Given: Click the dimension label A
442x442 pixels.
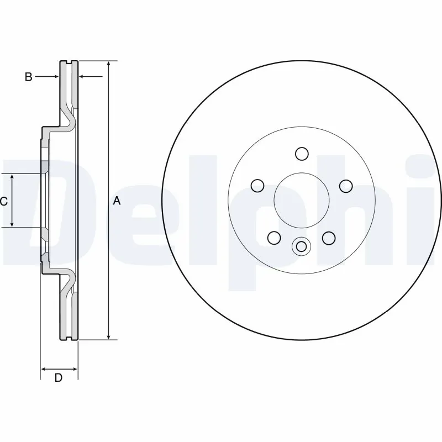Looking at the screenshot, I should (117, 201).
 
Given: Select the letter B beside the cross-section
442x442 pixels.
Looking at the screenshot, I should (28, 77).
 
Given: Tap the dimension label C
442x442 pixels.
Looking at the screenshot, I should (4, 201).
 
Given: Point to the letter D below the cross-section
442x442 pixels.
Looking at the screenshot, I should (58, 378).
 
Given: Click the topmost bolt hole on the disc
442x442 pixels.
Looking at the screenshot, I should (302, 153).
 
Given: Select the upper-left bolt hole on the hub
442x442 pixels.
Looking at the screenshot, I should (257, 186).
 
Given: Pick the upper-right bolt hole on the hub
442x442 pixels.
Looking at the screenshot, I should (346, 186).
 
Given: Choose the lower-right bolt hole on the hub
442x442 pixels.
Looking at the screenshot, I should (329, 238).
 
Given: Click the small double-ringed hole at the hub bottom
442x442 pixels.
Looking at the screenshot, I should (302, 246).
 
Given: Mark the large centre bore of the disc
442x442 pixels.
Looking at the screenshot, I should (302, 200).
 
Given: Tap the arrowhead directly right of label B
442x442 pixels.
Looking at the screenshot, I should (56, 77).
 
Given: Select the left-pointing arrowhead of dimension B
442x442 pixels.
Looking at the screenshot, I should (83, 77).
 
